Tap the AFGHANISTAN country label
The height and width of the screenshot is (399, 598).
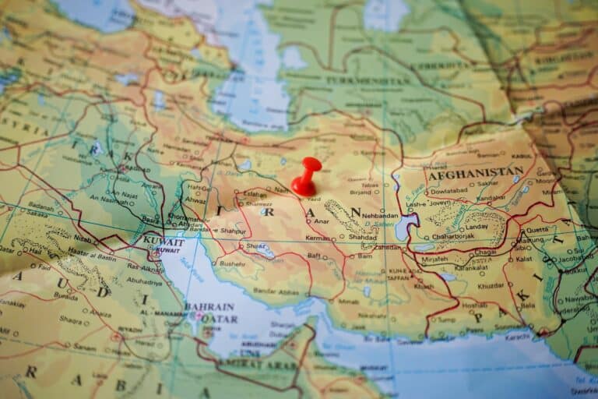[x=475, y=173]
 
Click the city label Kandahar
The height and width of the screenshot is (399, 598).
[x=491, y=198]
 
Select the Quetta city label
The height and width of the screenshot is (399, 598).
[x=538, y=230]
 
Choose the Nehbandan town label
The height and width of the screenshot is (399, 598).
[x=379, y=216]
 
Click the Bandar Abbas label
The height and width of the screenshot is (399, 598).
[x=276, y=291]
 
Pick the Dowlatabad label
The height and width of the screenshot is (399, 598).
[x=448, y=189]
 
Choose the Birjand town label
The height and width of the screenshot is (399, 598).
[x=361, y=192]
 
